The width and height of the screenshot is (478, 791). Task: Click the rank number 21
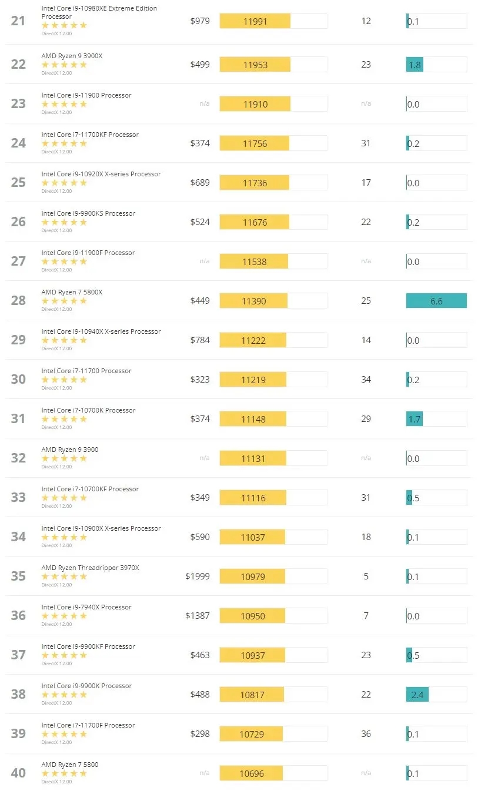[x=18, y=21]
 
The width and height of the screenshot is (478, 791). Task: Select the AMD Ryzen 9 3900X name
[x=72, y=56]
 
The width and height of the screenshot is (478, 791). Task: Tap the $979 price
[x=200, y=21]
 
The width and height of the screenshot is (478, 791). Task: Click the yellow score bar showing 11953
[x=255, y=65]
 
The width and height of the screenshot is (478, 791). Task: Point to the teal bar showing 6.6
[x=436, y=301]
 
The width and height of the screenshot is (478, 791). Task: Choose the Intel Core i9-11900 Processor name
[x=86, y=95]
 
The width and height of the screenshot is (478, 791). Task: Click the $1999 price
[x=198, y=577]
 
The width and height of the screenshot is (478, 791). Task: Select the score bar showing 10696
[x=252, y=773]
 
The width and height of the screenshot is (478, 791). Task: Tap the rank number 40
[x=18, y=773]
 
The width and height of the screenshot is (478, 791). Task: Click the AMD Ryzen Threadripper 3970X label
[x=90, y=568]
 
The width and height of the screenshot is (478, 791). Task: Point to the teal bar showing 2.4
[x=417, y=695]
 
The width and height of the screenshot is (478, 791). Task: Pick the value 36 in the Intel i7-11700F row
[x=366, y=733]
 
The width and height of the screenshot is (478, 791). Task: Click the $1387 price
[x=198, y=616]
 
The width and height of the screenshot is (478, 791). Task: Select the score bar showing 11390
[x=254, y=301]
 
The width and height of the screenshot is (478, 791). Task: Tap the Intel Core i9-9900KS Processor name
[x=88, y=213]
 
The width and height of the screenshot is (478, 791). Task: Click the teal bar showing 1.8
[x=415, y=65]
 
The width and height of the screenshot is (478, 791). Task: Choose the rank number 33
[x=18, y=497]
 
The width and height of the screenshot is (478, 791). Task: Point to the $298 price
[x=200, y=733]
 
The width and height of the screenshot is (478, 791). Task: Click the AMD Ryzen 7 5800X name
[x=72, y=292]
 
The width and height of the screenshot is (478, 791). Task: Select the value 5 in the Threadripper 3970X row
[x=366, y=577]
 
